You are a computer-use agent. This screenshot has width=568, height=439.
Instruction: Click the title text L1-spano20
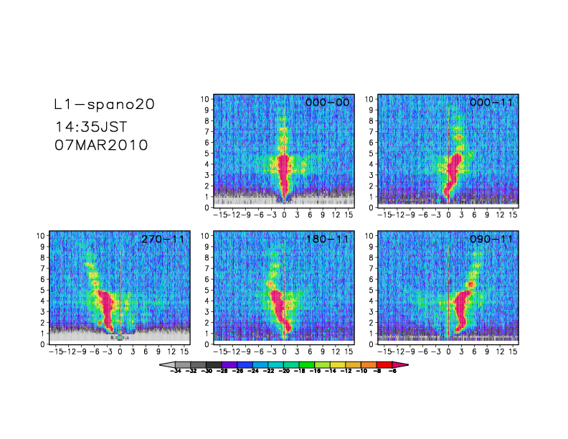pos(104,104)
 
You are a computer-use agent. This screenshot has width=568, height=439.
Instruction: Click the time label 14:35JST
pos(91,127)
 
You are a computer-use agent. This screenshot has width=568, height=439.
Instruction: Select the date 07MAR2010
pos(101,144)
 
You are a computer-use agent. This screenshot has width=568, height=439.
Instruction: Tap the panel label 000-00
pos(327,103)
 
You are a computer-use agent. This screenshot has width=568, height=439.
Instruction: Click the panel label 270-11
pos(163,240)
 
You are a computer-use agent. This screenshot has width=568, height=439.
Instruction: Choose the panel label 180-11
pos(327,240)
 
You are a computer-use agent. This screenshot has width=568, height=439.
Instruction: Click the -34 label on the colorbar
pos(176,372)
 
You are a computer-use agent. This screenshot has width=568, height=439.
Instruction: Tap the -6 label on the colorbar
pos(392,372)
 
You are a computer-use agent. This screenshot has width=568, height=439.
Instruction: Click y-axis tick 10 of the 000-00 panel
pos(204,98)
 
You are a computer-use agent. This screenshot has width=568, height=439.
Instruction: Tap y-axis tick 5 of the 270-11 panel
pos(42,290)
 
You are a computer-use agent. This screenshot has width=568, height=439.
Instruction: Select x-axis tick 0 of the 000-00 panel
pos(285,214)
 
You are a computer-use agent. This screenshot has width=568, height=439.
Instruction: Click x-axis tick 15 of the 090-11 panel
pos(512,352)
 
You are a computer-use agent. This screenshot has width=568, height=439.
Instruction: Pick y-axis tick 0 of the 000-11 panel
pos(370,207)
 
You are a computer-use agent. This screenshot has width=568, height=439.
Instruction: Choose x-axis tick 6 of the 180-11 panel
pos(310,352)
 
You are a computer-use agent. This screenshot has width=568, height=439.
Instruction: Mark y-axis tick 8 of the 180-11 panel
pos(207,258)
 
